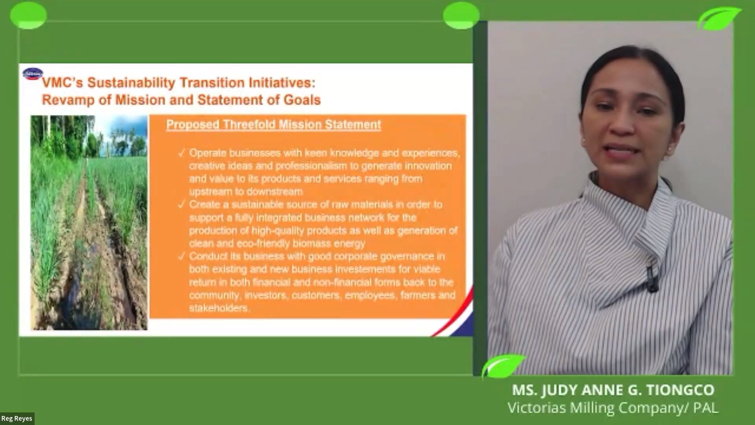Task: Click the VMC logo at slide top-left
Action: [x=33, y=74]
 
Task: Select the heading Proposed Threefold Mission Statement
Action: [x=273, y=125]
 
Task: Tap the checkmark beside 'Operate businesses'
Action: [x=181, y=153]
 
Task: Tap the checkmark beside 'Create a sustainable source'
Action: [x=181, y=205]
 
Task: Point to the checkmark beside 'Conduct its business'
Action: [x=181, y=257]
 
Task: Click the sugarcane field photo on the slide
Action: [x=89, y=222]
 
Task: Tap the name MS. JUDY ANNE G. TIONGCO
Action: [x=613, y=390]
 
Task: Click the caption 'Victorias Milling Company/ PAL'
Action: [x=613, y=408]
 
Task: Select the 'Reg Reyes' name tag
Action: [x=17, y=419]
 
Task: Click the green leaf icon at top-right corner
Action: [x=719, y=18]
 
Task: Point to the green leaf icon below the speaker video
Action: [x=503, y=366]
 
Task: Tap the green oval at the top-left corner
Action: [x=28, y=15]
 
